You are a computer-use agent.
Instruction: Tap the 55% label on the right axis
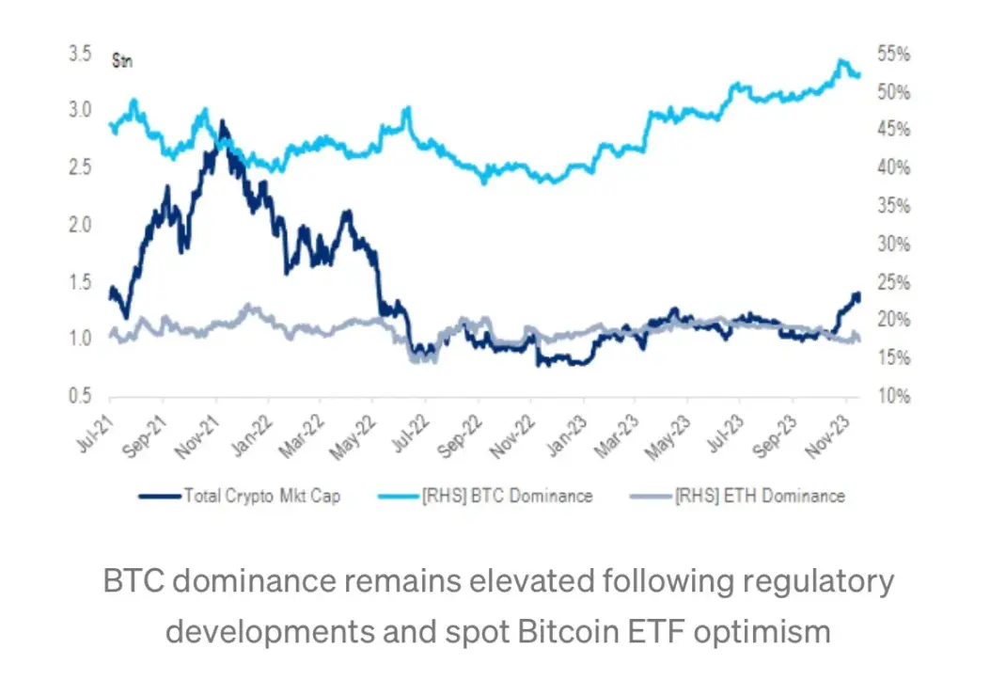click(893, 55)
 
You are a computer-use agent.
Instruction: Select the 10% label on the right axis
click(893, 396)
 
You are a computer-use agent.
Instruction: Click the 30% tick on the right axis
click(893, 245)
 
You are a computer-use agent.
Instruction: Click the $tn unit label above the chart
click(121, 63)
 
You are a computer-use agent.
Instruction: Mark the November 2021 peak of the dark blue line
click(222, 121)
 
